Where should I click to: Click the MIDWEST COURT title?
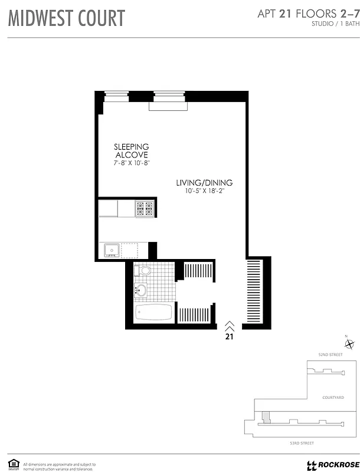66,18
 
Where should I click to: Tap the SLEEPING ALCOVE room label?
132,150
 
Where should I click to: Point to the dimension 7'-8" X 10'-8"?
132,162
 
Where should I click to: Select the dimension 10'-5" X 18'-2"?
204,191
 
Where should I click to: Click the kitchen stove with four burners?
145,208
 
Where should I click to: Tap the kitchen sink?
112,250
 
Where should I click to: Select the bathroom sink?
140,290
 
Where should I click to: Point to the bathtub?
153,312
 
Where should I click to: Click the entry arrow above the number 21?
230,326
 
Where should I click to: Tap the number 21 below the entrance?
230,337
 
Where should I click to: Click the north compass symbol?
349,343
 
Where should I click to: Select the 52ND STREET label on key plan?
330,355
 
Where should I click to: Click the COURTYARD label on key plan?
333,398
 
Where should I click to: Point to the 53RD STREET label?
302,442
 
